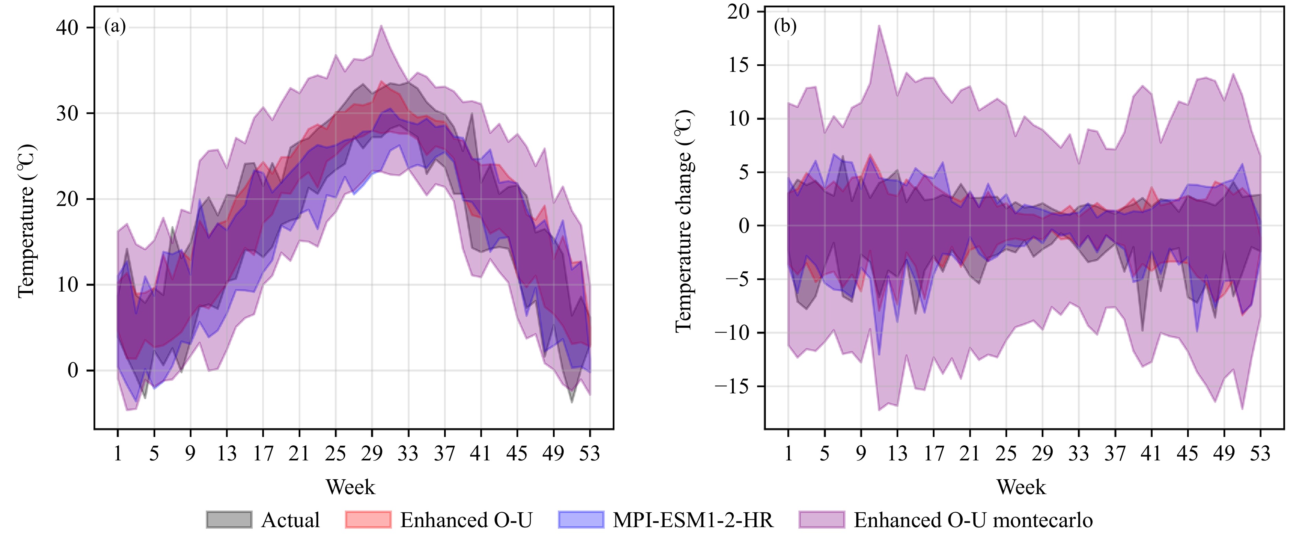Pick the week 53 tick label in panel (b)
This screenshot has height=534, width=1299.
point(1260,453)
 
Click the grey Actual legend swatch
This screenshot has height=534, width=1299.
point(229,519)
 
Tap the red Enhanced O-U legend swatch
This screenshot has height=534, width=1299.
point(368,519)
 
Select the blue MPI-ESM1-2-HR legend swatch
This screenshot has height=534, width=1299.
point(581,519)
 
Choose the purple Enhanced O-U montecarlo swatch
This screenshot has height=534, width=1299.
point(821,519)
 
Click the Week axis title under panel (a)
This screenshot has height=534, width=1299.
point(351,487)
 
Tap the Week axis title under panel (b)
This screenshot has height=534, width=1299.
point(1021,487)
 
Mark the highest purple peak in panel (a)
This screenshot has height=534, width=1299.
point(381,26)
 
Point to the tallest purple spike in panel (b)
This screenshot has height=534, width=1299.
point(879,26)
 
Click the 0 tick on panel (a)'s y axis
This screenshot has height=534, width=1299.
point(73,370)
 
